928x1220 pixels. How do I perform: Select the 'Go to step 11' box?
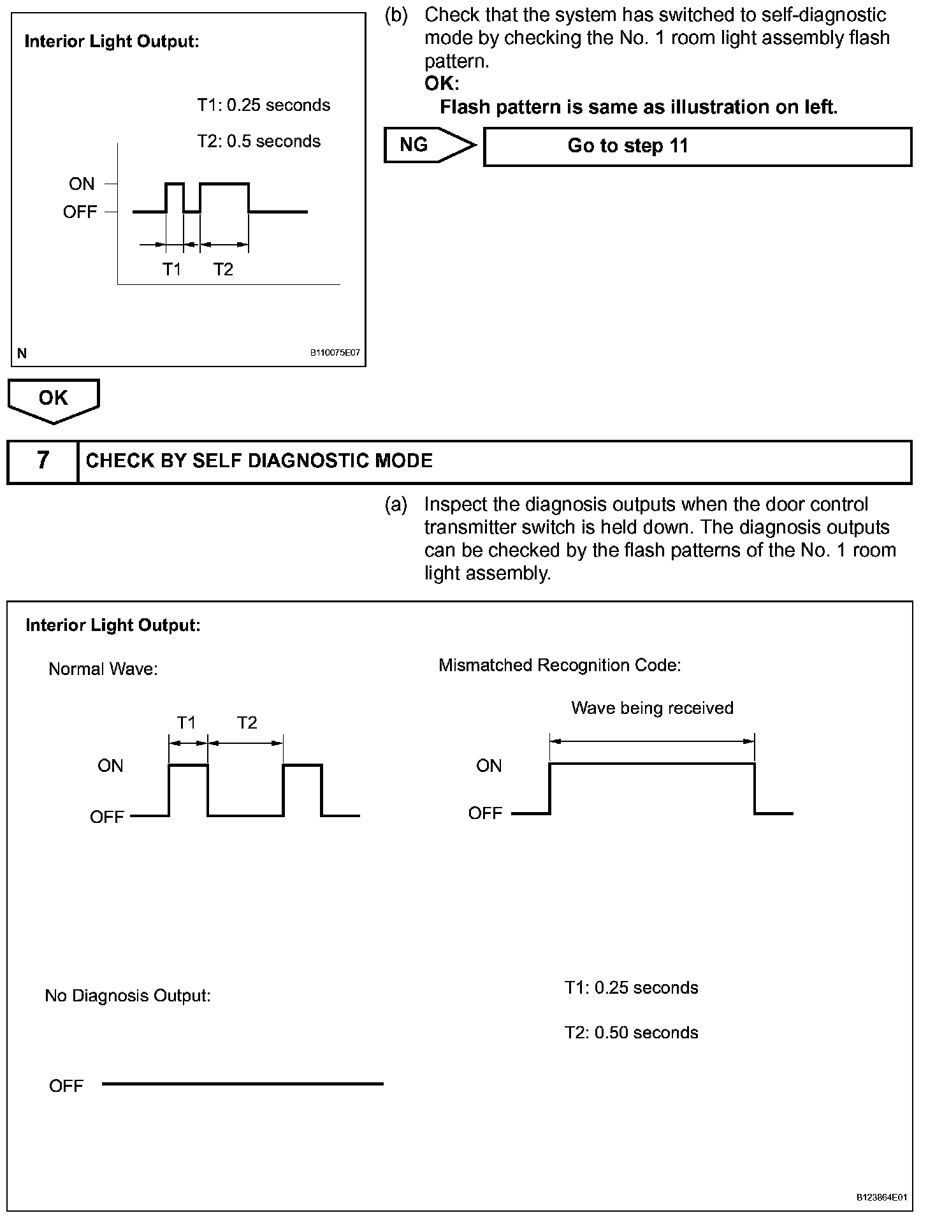tap(697, 147)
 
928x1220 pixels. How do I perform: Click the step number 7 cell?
tap(42, 461)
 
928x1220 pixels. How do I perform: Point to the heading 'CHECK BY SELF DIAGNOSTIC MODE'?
tap(259, 461)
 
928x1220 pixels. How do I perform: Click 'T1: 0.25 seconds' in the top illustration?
tap(263, 105)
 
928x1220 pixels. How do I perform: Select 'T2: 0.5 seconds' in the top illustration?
tap(258, 141)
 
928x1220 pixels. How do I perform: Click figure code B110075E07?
tap(335, 352)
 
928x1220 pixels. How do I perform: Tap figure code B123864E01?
tap(881, 1198)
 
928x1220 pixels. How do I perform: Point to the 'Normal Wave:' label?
tap(103, 669)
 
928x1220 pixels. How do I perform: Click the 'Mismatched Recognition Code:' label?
tap(560, 665)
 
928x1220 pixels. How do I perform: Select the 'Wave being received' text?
tap(652, 708)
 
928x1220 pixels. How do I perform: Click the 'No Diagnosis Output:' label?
tap(127, 996)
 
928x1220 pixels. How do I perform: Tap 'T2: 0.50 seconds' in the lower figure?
tap(631, 1033)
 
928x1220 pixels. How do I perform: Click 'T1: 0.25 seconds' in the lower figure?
tap(631, 988)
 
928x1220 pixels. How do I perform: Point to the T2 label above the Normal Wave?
tap(247, 723)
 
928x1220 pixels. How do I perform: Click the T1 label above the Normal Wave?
tap(186, 723)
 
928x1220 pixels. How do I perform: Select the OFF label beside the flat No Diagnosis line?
tap(66, 1086)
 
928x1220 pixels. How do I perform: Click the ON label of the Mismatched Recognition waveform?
tap(489, 766)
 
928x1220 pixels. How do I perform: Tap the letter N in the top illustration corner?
tap(22, 353)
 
